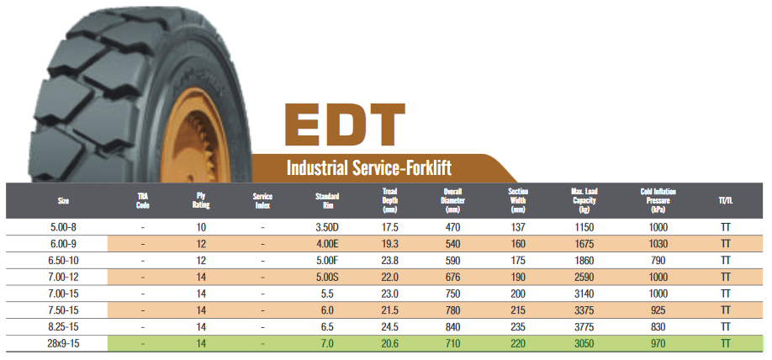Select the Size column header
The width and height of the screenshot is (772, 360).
[64, 201]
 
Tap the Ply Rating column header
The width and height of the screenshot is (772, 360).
[201, 201]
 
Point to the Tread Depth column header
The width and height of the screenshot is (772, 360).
[389, 201]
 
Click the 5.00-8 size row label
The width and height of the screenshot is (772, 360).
[64, 227]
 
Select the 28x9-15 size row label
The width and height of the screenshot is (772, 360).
[64, 343]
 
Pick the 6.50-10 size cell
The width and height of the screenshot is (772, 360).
[64, 260]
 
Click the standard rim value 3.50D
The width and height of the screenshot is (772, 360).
[327, 227]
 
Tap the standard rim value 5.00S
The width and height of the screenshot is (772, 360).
[327, 277]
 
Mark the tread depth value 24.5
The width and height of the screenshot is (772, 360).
[389, 326]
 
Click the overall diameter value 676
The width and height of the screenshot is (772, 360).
[453, 277]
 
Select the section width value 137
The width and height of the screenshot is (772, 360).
[518, 227]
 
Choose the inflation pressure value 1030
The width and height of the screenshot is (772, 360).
[658, 244]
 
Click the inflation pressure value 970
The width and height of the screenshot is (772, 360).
[658, 343]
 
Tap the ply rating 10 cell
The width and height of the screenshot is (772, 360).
[201, 227]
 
